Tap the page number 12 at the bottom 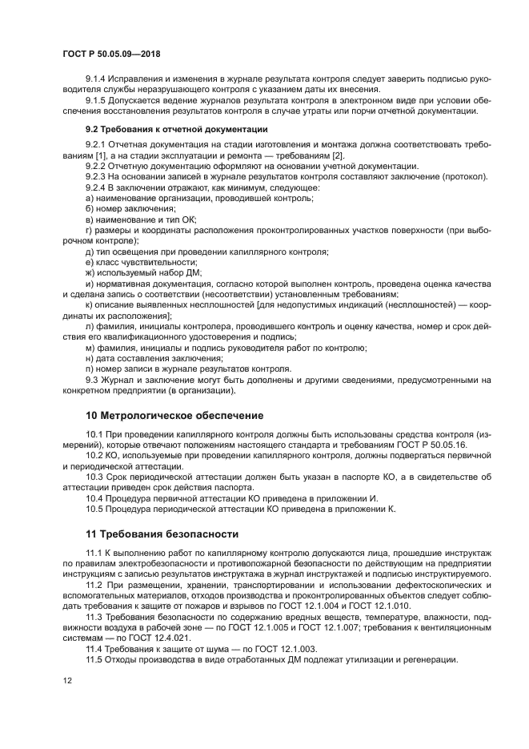tap(68, 679)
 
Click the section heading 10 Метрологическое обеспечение tap(174, 416)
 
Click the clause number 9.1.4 tap(97, 79)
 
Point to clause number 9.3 tap(93, 379)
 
